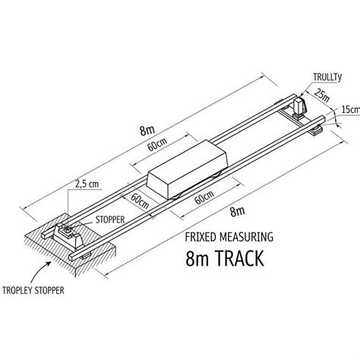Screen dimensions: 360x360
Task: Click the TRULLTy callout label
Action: pyautogui.click(x=327, y=77)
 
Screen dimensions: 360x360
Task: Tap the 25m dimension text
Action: pyautogui.click(x=322, y=96)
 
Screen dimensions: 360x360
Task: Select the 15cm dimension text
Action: pyautogui.click(x=351, y=109)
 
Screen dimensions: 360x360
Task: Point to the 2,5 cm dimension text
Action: pyautogui.click(x=87, y=184)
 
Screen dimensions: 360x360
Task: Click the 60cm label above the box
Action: pyautogui.click(x=157, y=144)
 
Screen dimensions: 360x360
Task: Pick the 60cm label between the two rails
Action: pyautogui.click(x=140, y=201)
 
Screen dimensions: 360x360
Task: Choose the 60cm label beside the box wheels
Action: pyautogui.click(x=204, y=197)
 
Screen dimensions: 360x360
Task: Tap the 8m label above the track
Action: pyautogui.click(x=147, y=130)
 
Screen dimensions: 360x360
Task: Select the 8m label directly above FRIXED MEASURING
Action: pyautogui.click(x=238, y=211)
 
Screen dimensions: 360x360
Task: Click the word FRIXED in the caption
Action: pyautogui.click(x=201, y=237)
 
